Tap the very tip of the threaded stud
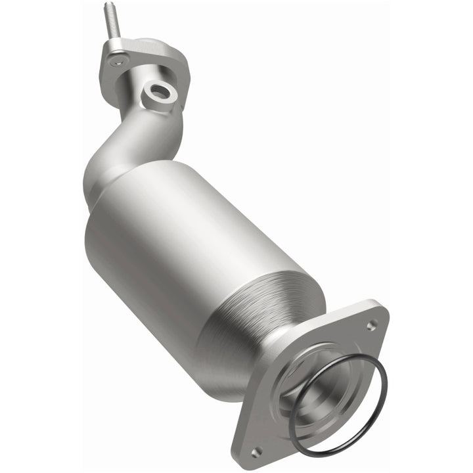click(x=106, y=5)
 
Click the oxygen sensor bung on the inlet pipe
click(x=160, y=94)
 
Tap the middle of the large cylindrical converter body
click(x=191, y=256)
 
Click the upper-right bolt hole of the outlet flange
click(x=371, y=325)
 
